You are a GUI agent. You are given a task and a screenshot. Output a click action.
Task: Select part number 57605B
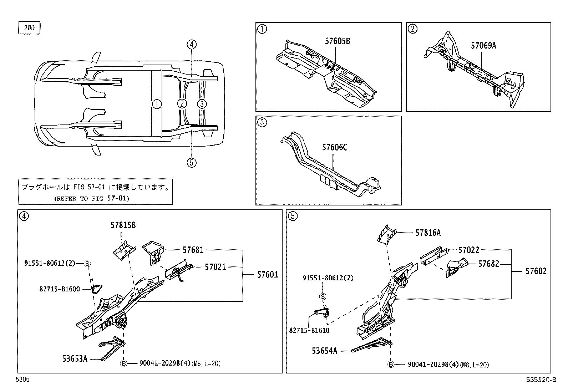click(x=337, y=41)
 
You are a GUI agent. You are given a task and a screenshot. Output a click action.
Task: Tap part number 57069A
click(x=483, y=45)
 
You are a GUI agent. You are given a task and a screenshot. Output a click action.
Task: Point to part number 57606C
click(x=334, y=147)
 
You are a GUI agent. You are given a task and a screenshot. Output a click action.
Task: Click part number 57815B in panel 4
click(x=123, y=225)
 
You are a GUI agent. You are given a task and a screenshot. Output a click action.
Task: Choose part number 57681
click(x=193, y=250)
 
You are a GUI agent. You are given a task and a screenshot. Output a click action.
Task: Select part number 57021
click(x=215, y=267)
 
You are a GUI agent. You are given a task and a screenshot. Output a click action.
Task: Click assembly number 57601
click(x=267, y=274)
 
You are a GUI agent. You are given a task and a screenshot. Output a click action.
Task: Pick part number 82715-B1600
click(x=60, y=289)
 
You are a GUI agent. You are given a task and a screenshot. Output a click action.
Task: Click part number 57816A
click(x=428, y=233)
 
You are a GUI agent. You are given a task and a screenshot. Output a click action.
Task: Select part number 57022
click(x=468, y=250)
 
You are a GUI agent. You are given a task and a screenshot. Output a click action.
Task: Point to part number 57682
click(x=488, y=264)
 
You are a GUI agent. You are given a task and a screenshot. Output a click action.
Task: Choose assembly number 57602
click(x=536, y=271)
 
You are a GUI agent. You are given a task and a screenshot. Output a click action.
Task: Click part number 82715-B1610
click(x=309, y=330)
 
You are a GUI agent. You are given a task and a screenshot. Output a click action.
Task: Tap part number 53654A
click(x=324, y=351)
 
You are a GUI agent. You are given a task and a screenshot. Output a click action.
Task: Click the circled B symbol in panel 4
click(x=123, y=364)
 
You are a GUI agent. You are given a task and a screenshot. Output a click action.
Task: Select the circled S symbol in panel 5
click(x=323, y=296)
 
